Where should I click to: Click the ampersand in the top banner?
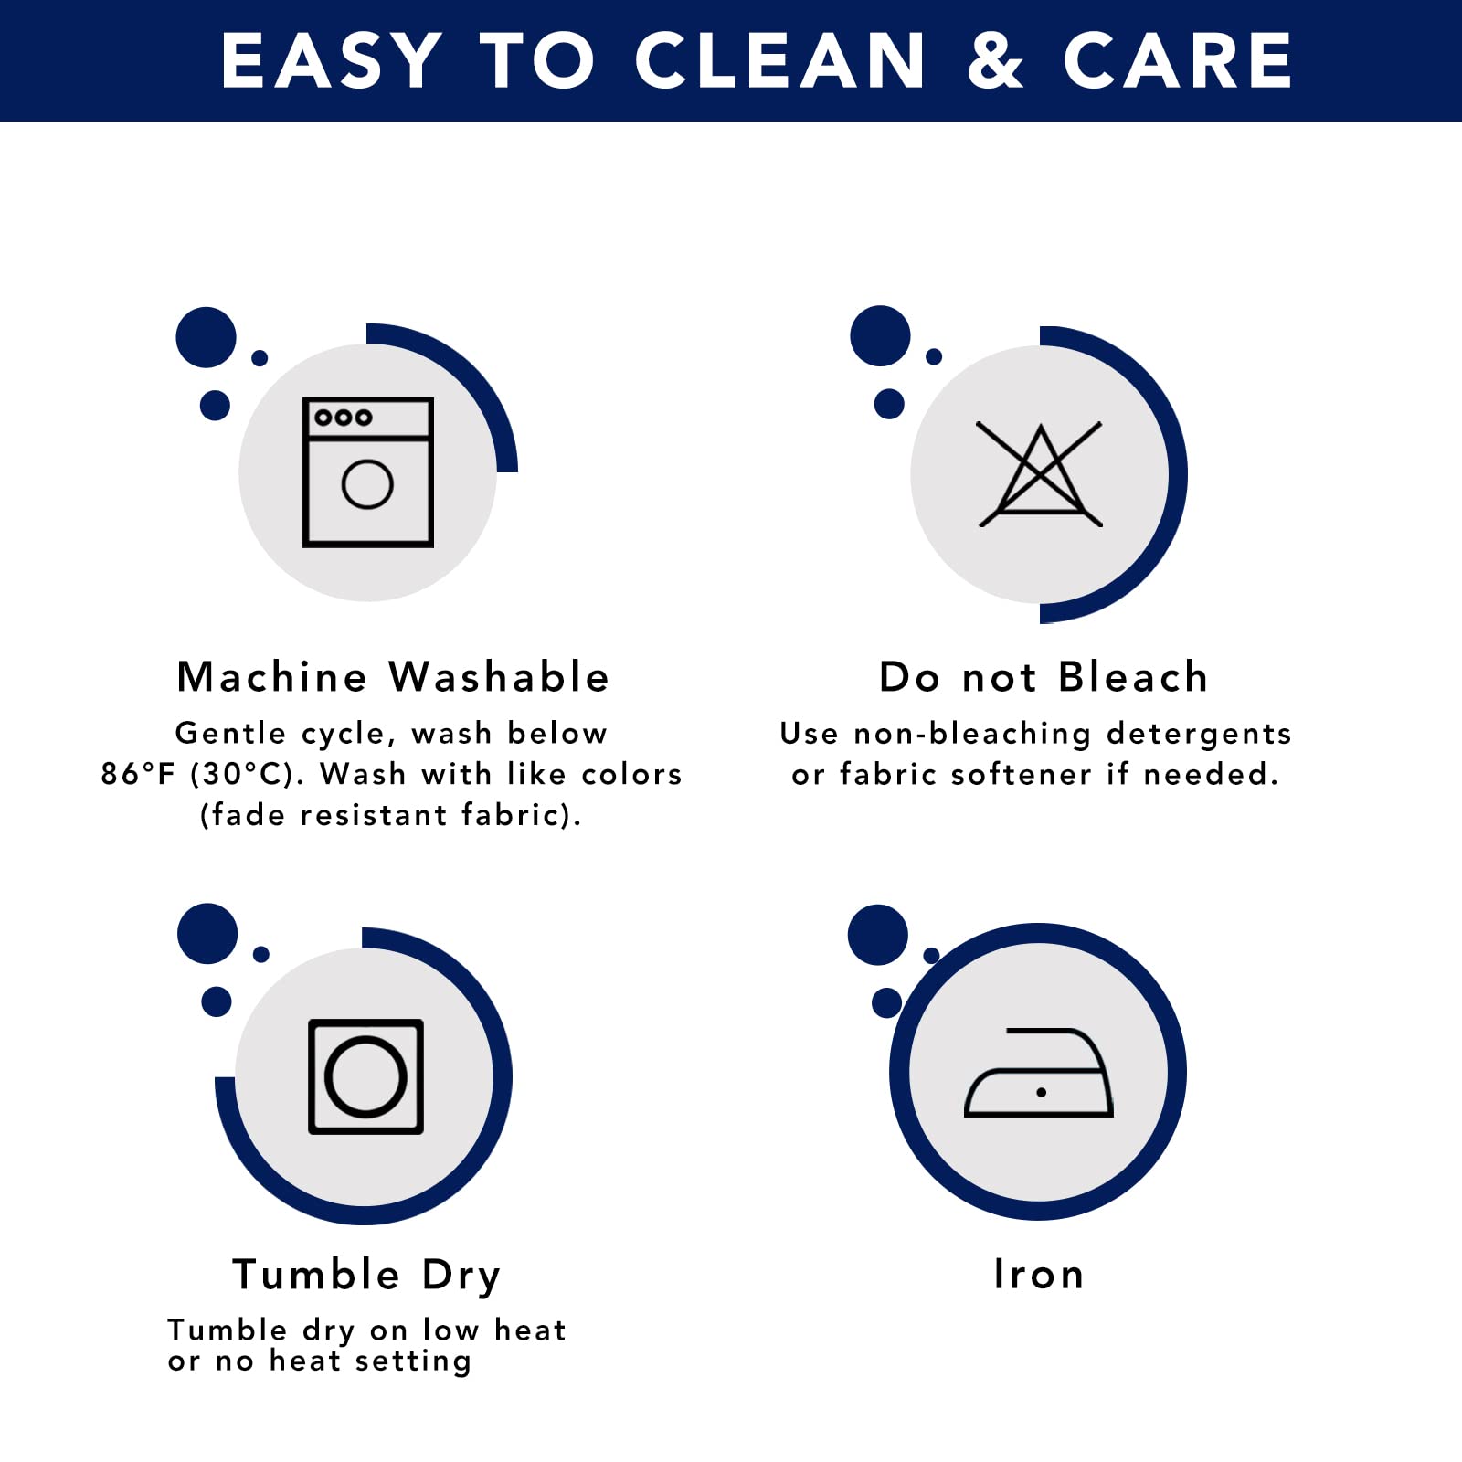coord(995,60)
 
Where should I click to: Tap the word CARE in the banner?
coord(1177,60)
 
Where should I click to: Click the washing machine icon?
coord(368,472)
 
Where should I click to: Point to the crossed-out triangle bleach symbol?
coord(1040,474)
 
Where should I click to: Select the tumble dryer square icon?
coord(365,1076)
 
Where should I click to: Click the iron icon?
coord(1039,1072)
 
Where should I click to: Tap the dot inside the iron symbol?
coord(1041,1092)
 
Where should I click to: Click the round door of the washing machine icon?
coord(367,484)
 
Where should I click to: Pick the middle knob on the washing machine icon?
coord(343,418)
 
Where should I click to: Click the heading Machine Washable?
coord(393,677)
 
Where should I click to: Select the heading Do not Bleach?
coord(1044,677)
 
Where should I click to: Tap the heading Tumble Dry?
coord(366,1276)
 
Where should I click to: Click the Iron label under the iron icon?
coord(1039,1274)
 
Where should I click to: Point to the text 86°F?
coord(137,774)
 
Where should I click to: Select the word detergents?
coord(1199,734)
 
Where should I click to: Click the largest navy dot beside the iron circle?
coord(878,935)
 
